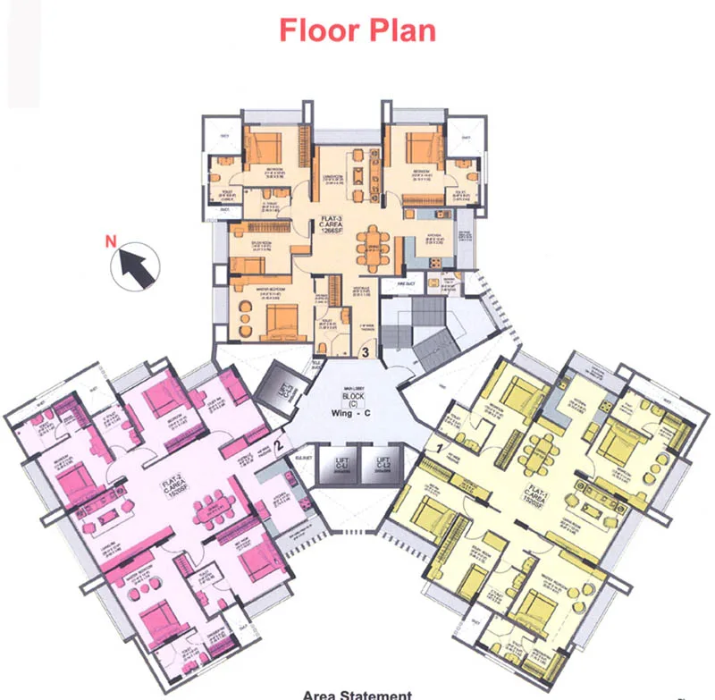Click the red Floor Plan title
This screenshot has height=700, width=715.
[x=357, y=29]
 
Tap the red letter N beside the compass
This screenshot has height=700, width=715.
[x=112, y=240]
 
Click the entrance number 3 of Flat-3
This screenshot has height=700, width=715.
[x=365, y=351]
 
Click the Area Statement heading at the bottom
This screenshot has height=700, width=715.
[x=357, y=694]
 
